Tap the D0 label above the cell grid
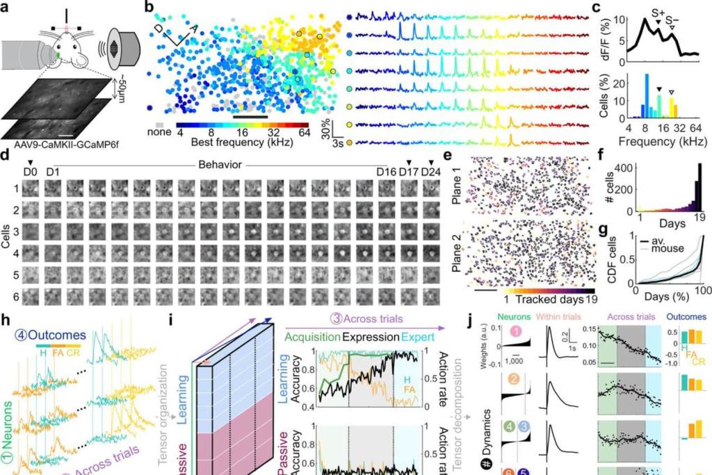pos(29,171)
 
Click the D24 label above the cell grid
pos(430,172)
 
